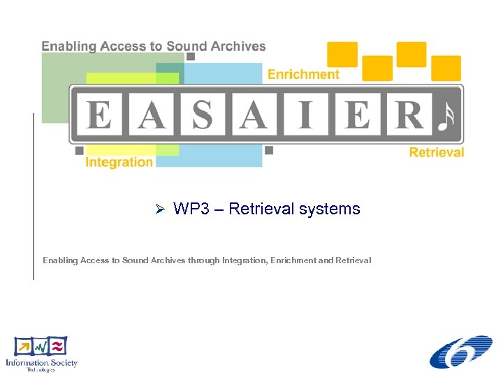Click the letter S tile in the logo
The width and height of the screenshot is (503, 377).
pos(203,114)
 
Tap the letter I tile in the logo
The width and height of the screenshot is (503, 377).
pos(305,114)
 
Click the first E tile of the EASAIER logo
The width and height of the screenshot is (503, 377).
pos(99,114)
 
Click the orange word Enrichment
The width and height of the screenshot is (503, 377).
pos(304,74)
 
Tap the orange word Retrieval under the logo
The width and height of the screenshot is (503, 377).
pos(436,151)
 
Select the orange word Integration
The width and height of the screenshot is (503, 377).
pos(119,162)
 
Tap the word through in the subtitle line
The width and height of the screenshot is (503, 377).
pos(203,260)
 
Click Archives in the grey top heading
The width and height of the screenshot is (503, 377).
pos(237,47)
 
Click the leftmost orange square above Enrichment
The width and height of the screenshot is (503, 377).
pos(342,54)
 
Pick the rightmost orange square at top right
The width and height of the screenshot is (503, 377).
pos(446,68)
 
